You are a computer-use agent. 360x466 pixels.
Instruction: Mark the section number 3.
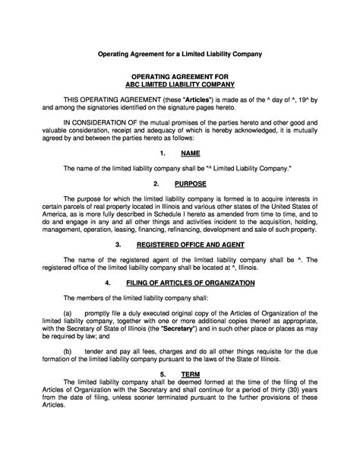118,246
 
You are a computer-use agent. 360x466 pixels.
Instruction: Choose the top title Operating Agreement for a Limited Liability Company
179,55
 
